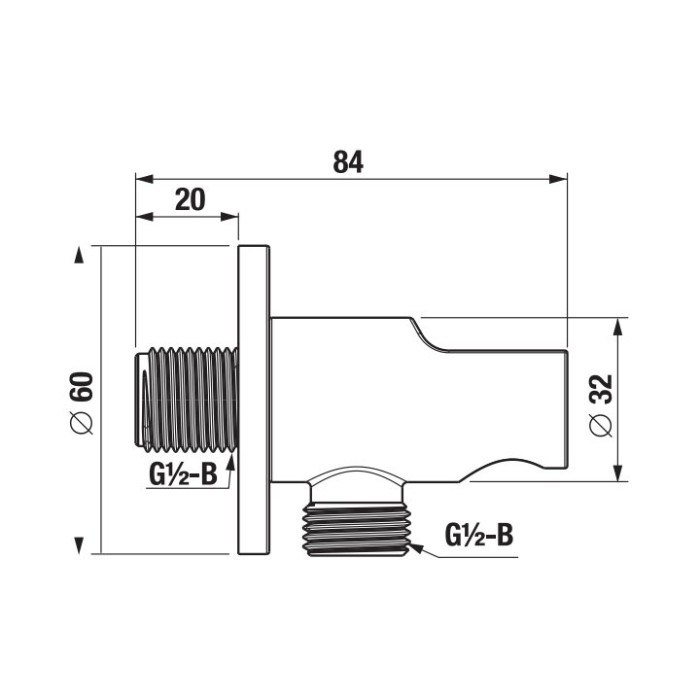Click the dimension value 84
[348, 162]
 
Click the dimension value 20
[191, 199]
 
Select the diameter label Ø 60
[82, 402]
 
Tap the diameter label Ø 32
[601, 404]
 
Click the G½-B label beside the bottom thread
[479, 535]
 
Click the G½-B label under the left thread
[183, 474]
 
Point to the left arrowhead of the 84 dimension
[145, 179]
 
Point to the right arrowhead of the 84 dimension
[558, 179]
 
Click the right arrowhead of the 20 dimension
[229, 217]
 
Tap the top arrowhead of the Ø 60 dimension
[79, 255]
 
